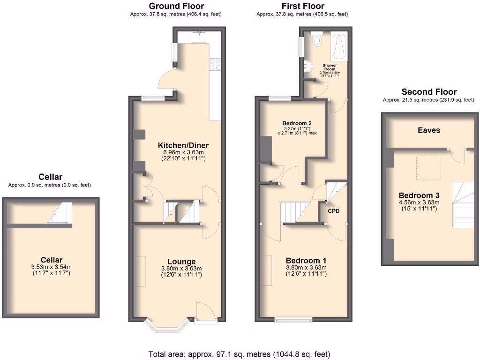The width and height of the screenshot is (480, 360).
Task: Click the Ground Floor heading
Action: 176,6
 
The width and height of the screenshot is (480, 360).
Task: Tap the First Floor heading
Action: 302,6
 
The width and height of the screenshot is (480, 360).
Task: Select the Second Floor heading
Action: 429,92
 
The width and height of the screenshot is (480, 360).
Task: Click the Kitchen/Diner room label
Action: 183,145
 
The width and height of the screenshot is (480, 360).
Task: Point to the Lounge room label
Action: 181,262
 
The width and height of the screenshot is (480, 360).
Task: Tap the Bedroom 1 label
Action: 306,261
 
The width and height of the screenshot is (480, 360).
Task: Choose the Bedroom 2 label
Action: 297,123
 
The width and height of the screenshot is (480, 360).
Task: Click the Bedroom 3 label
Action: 418,195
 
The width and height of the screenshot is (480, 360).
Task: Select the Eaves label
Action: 429,130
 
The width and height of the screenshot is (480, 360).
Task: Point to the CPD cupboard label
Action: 334,211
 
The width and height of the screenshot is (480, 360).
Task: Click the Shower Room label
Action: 330,67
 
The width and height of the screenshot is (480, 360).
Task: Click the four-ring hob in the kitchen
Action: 215,64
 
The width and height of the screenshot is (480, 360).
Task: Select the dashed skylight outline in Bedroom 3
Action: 428,167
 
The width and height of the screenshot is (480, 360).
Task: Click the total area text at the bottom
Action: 239,354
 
